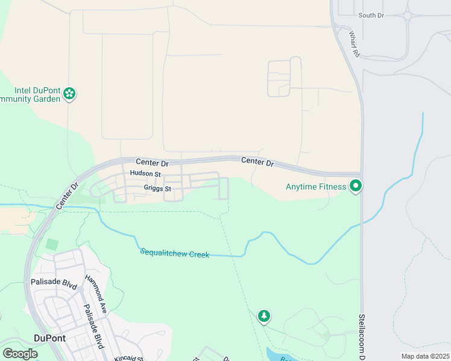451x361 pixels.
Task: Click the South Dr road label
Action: tap(370, 15)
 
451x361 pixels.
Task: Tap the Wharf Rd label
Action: tap(353, 45)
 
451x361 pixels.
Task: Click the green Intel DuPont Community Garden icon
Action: tap(70, 93)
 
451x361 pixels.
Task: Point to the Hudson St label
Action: tap(145, 173)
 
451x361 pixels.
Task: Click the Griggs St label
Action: tap(157, 188)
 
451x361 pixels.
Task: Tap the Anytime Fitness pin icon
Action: tap(356, 187)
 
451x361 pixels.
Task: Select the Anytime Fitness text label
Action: tap(316, 187)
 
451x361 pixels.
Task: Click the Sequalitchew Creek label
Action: tap(174, 253)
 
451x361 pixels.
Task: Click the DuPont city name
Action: tap(49, 338)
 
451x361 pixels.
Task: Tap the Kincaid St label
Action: tap(128, 357)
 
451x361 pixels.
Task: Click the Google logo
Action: tap(20, 354)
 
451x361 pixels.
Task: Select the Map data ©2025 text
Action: tap(425, 356)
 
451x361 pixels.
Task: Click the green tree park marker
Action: tap(263, 315)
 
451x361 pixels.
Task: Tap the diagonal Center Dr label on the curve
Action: tap(68, 196)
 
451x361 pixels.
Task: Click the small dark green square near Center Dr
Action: tap(52, 245)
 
